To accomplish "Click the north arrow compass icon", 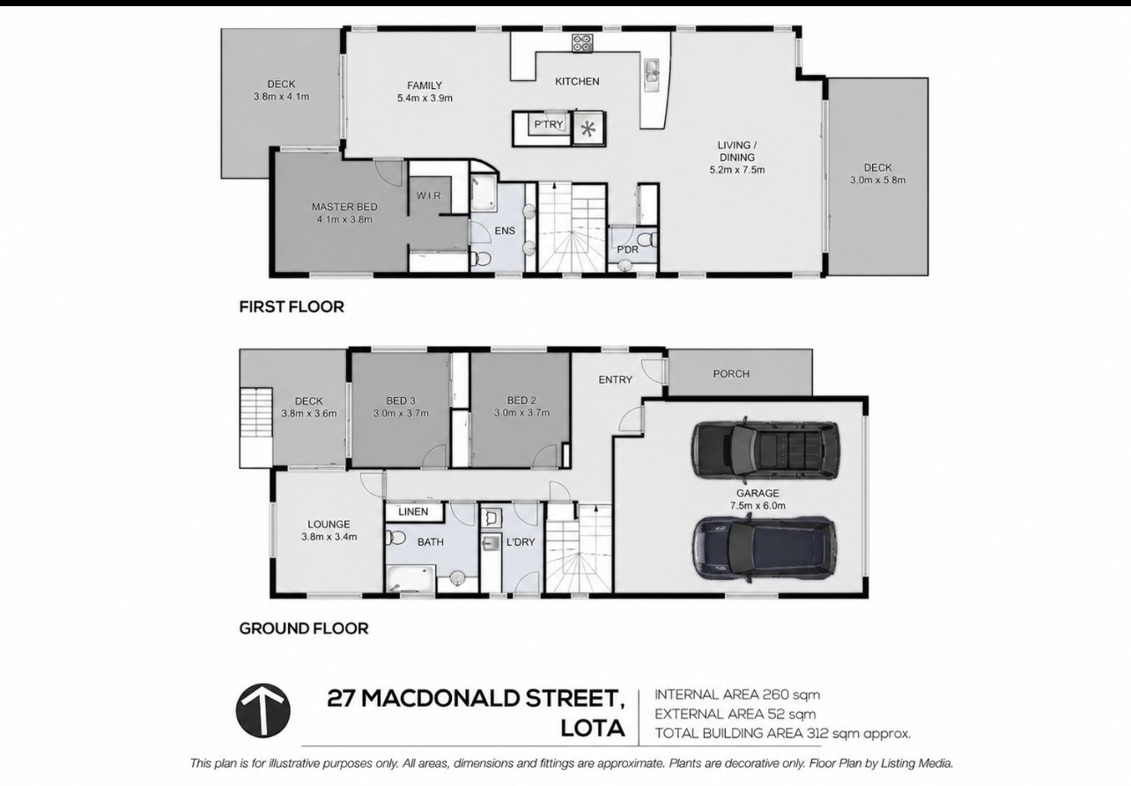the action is tap(263, 710).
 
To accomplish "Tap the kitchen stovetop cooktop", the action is tap(582, 42).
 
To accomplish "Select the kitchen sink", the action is tap(651, 75).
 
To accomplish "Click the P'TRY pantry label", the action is tap(549, 124).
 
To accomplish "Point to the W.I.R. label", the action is tap(430, 195).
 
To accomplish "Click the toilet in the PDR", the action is tap(647, 239).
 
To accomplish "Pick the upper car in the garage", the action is tap(765, 450).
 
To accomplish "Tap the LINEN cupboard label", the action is tap(413, 511).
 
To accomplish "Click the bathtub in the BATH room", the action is tap(410, 578).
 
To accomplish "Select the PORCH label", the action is tap(731, 374).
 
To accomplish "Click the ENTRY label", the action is tap(615, 379).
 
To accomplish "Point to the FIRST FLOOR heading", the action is tap(292, 306).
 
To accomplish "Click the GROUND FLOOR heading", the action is tap(304, 628).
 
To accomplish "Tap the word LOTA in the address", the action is tap(593, 729).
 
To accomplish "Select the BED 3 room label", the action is tap(401, 400).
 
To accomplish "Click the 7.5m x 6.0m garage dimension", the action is tap(758, 505).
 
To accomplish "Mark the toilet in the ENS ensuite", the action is tap(481, 259).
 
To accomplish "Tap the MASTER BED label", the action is tap(344, 207).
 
